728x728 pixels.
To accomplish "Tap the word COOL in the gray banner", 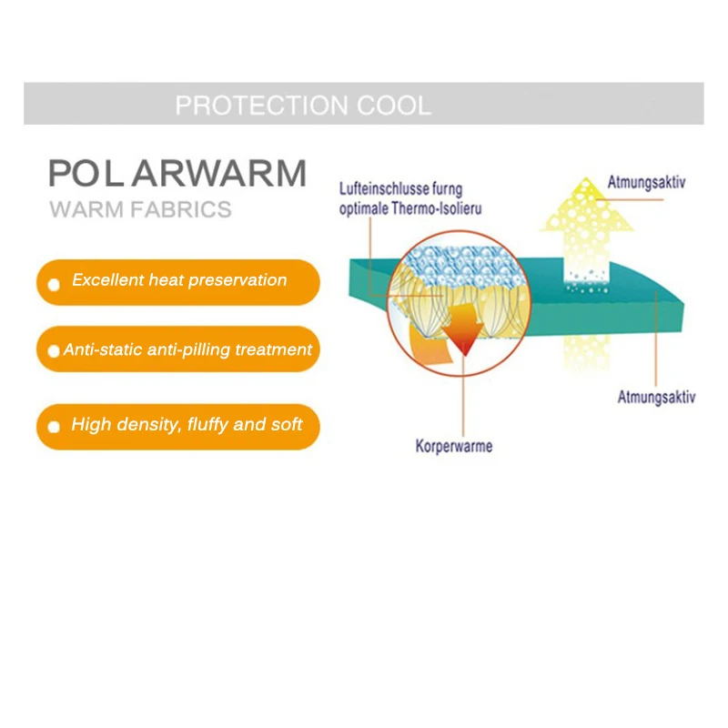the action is coord(394,106).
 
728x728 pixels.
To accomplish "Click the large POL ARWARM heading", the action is coord(177,173).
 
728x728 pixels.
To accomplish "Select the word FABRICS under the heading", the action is coord(181,209).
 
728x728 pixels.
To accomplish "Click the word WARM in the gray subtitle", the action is coord(86,209).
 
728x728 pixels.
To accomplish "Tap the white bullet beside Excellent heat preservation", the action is coord(54,285).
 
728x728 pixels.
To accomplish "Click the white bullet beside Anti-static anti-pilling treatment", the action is coord(54,351).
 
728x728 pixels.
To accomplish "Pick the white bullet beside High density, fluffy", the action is coord(54,427).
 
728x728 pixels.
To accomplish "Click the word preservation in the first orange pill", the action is coord(238,280).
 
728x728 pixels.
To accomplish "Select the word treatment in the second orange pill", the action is coord(274,349).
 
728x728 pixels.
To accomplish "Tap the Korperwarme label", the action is coord(453,446).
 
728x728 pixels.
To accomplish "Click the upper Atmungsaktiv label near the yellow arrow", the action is coord(646,183).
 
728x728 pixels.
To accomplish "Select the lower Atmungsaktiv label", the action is coord(656,398).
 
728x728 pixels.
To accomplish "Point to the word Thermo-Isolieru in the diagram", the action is coord(437,208).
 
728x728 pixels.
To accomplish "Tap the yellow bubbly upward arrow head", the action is coord(587,207).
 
